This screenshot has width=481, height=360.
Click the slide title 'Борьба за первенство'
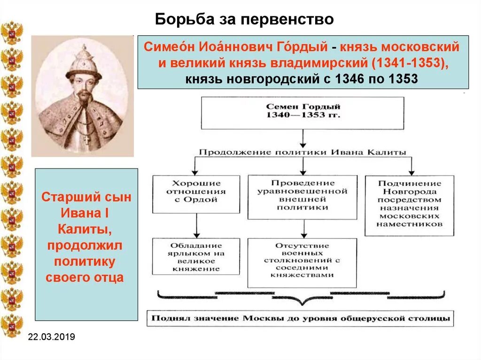pos(244,19)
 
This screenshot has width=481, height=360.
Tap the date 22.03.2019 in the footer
pos(51,337)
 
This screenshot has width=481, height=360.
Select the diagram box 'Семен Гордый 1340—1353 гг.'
pos(303,112)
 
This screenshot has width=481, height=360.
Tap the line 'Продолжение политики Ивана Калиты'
pos(303,152)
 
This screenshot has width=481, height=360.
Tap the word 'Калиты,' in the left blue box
pos(85,230)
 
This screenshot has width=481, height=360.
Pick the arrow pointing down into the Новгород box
pos(411,167)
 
